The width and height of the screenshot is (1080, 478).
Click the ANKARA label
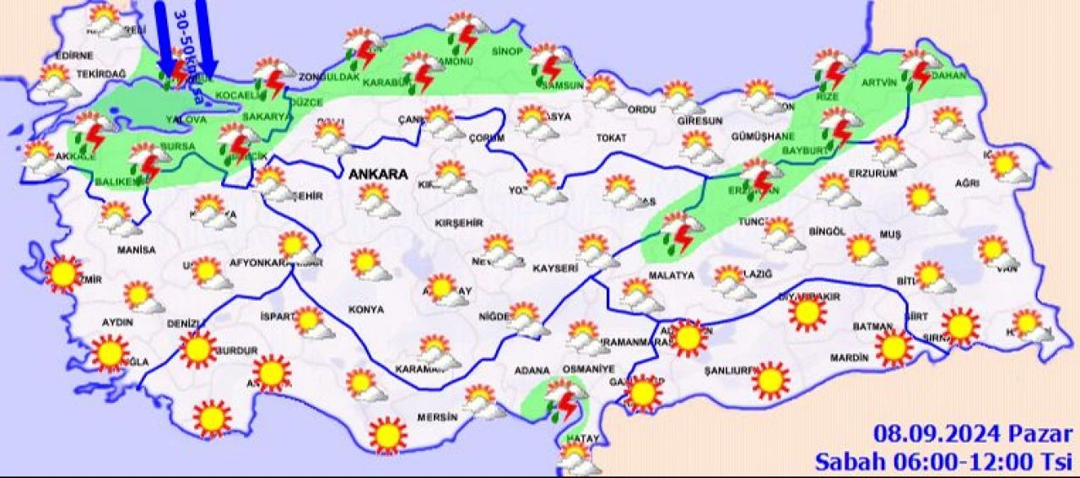377,175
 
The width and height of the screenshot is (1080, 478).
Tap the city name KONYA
365,310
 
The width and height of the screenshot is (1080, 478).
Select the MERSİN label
437,417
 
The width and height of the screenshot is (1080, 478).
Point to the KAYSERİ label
554,269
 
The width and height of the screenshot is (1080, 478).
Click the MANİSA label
137,250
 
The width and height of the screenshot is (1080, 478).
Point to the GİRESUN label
699,121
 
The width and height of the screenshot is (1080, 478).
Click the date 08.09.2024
937,435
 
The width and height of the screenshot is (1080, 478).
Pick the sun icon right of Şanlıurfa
770,380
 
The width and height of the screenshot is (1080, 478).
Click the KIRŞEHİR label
458,223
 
